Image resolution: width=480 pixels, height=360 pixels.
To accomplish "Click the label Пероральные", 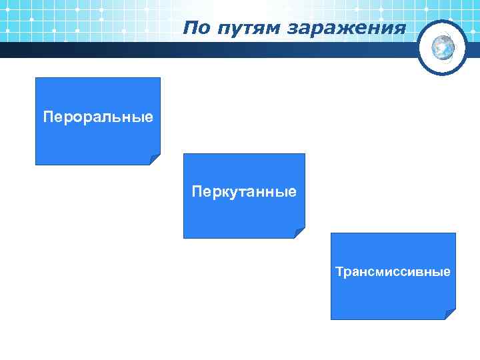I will pyautogui.click(x=98, y=117).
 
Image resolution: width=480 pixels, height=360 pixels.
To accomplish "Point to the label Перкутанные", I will pyautogui.click(x=244, y=192).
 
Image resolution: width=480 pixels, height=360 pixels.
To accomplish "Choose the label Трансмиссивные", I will pyautogui.click(x=393, y=272).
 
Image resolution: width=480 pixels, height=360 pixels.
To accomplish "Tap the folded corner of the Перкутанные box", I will pyautogui.click(x=300, y=233).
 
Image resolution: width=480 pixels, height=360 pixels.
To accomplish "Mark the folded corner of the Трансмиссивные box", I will pyautogui.click(x=451, y=315).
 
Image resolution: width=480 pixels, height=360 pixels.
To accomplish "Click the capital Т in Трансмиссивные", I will pyautogui.click(x=339, y=272).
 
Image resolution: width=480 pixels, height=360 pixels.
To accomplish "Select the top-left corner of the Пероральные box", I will pyautogui.click(x=36, y=79).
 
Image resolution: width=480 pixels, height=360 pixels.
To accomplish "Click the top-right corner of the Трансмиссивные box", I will pyautogui.click(x=455, y=234).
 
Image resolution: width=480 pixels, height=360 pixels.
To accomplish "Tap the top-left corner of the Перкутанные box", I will pyautogui.click(x=185, y=155).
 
